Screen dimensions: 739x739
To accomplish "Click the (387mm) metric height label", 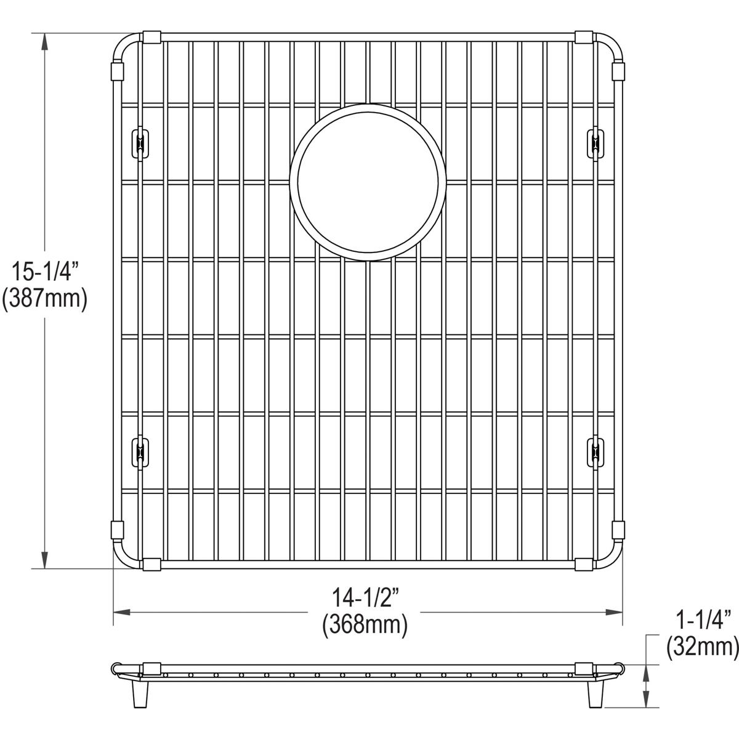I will coord(44,299).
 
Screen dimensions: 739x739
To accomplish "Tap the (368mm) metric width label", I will coord(365,626).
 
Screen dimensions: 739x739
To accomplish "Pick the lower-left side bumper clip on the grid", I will coord(140,452).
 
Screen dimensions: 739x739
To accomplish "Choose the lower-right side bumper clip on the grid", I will coord(596,452).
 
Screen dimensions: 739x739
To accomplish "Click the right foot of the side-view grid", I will coord(596,693).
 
